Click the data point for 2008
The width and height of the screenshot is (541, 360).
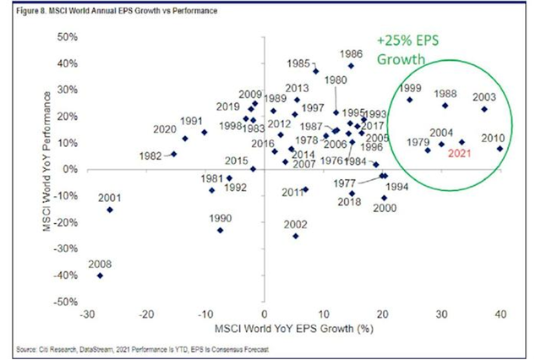click(x=101, y=275)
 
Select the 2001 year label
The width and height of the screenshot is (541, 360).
click(x=110, y=198)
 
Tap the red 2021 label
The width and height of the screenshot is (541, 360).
click(x=459, y=153)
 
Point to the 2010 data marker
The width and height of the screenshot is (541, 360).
click(x=500, y=149)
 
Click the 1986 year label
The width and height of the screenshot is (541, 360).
click(x=351, y=53)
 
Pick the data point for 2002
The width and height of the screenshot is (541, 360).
click(x=295, y=236)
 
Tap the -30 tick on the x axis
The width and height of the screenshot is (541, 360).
click(x=85, y=314)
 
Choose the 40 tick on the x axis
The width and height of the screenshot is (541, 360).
click(x=500, y=314)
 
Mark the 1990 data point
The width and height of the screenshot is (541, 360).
click(x=221, y=230)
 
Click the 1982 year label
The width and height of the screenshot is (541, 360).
click(x=150, y=156)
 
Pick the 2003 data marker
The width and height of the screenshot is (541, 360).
click(x=484, y=109)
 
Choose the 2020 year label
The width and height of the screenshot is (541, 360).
click(x=165, y=129)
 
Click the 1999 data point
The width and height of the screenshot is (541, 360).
click(x=410, y=100)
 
